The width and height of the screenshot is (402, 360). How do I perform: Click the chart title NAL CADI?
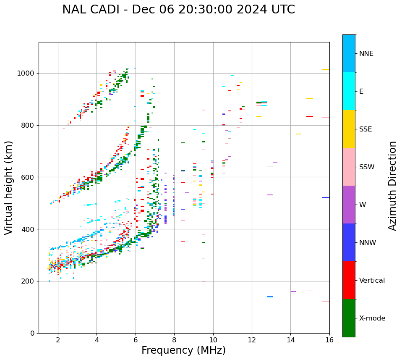coord(178,10)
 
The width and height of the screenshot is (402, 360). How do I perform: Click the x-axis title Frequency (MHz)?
coord(183,350)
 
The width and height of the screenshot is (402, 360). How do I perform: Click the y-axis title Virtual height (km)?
coord(9,188)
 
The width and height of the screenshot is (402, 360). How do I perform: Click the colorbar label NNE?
coord(366,54)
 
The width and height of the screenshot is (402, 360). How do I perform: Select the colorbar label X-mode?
coord(372,318)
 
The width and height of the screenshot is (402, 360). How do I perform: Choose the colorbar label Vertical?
coord(372,281)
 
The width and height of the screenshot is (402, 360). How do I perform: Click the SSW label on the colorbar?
coord(367,167)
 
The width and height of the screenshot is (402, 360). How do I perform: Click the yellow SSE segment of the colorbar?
coord(349,129)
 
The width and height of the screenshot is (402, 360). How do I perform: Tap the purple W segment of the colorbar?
coord(349,205)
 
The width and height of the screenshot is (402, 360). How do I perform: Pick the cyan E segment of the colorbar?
coord(349,91)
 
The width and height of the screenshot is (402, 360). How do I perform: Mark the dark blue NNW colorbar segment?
coord(349,242)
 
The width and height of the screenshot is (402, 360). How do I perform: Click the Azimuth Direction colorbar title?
coord(392,186)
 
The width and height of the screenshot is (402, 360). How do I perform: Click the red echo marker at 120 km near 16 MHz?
coord(326,302)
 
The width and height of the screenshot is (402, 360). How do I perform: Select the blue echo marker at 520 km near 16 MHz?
coord(326,197)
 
